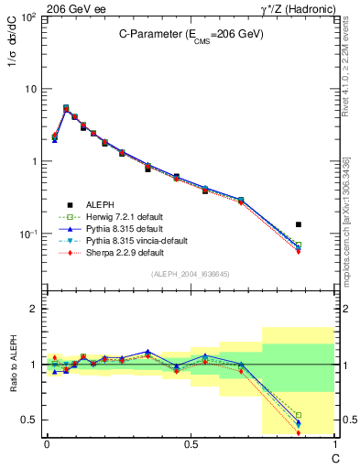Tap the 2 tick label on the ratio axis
click(34, 309)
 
